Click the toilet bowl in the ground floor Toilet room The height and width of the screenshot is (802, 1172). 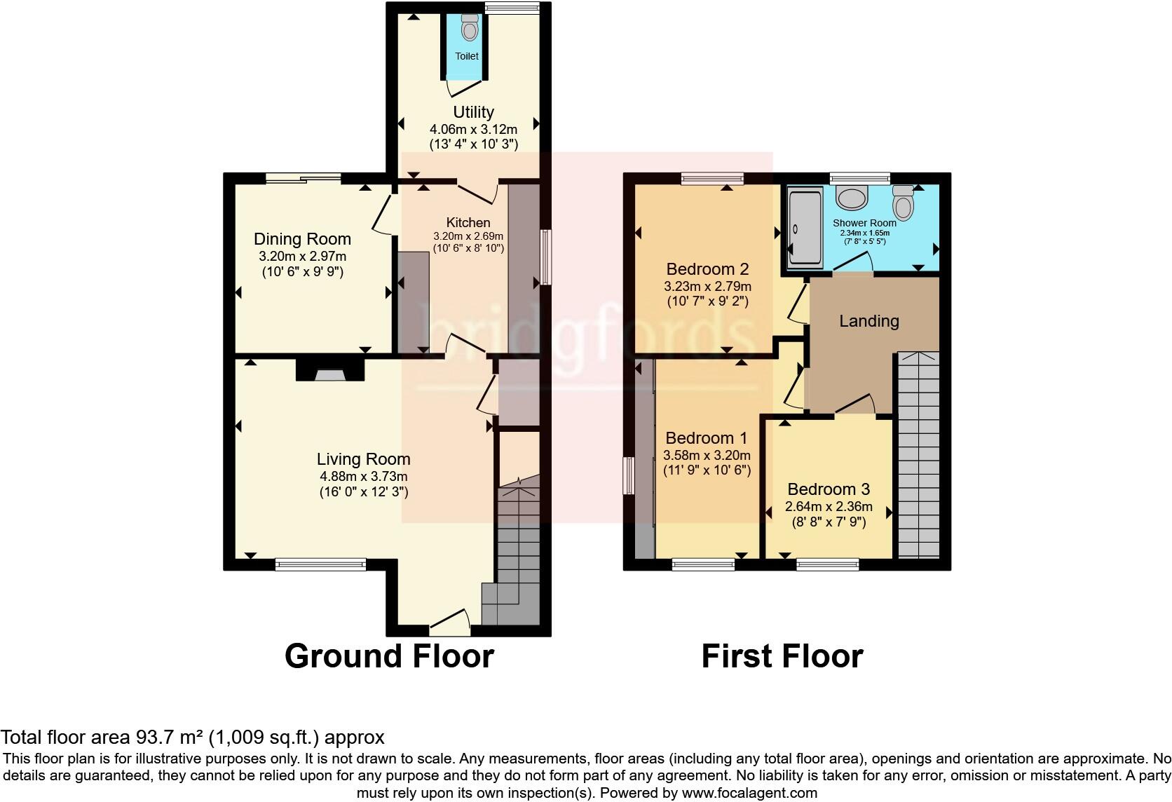[x=469, y=29]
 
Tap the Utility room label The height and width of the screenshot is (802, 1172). [x=473, y=112]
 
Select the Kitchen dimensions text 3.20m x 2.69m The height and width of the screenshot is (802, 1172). [x=468, y=236]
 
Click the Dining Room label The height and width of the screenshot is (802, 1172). [x=302, y=239]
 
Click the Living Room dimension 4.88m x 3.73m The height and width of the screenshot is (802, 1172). [x=363, y=477]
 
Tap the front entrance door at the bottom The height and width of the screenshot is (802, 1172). [x=449, y=620]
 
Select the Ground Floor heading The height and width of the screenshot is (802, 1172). [x=389, y=656]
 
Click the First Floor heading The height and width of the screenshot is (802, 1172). [x=782, y=656]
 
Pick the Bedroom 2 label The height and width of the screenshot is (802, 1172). [x=707, y=269]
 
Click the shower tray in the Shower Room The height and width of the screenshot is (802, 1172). [x=802, y=229]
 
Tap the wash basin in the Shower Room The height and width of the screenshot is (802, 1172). [x=852, y=198]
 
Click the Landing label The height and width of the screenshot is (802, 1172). [x=869, y=321]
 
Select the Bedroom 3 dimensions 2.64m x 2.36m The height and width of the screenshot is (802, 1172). [x=829, y=507]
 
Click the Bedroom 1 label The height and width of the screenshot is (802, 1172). [x=707, y=438]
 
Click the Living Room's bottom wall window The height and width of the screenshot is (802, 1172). [x=320, y=564]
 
